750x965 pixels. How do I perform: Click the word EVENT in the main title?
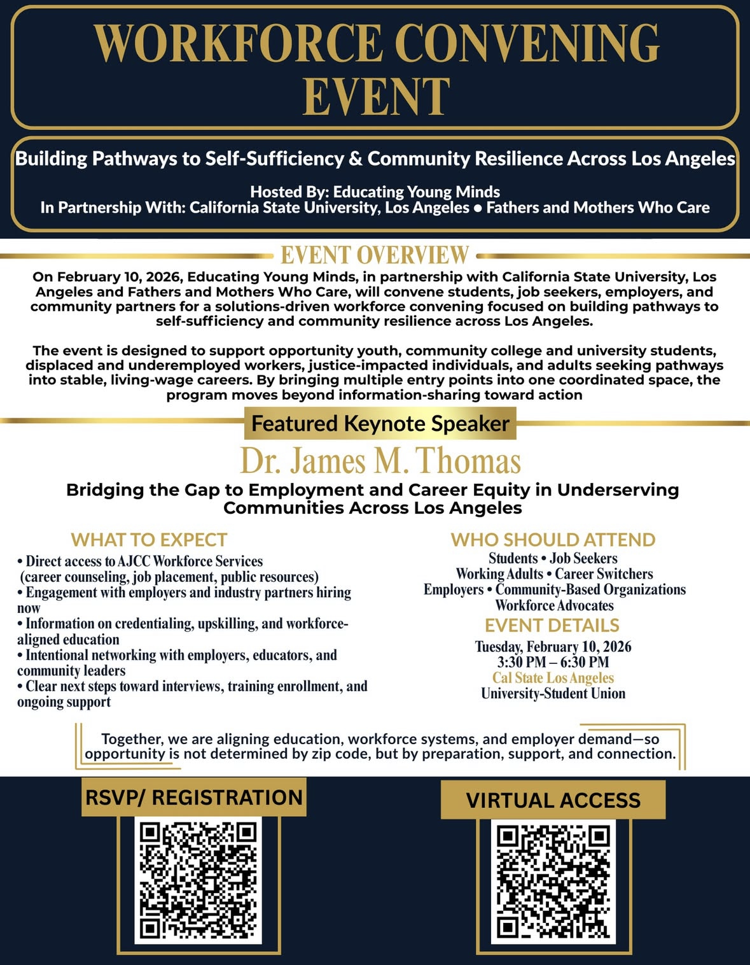(x=376, y=97)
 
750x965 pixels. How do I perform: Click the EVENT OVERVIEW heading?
(x=375, y=255)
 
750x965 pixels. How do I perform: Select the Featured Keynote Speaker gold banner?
(x=380, y=423)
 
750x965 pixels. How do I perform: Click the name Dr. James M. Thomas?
(x=380, y=461)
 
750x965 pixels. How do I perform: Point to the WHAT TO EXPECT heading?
(x=149, y=540)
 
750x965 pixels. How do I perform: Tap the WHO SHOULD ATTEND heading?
(x=553, y=540)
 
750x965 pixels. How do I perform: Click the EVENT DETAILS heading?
(x=552, y=625)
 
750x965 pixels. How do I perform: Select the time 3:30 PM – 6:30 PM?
(x=553, y=662)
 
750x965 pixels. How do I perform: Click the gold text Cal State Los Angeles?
(x=553, y=678)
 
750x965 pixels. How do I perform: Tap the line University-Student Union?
(x=553, y=694)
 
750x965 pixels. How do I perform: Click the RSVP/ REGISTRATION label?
(x=194, y=797)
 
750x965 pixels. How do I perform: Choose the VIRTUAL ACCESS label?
(x=553, y=800)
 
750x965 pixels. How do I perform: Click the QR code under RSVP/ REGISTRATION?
(x=198, y=880)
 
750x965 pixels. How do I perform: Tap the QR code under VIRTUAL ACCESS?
(x=553, y=881)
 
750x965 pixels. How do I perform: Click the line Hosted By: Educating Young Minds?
(x=375, y=192)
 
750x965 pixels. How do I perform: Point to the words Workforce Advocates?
(x=554, y=605)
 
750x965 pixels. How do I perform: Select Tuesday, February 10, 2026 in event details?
(x=553, y=647)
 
